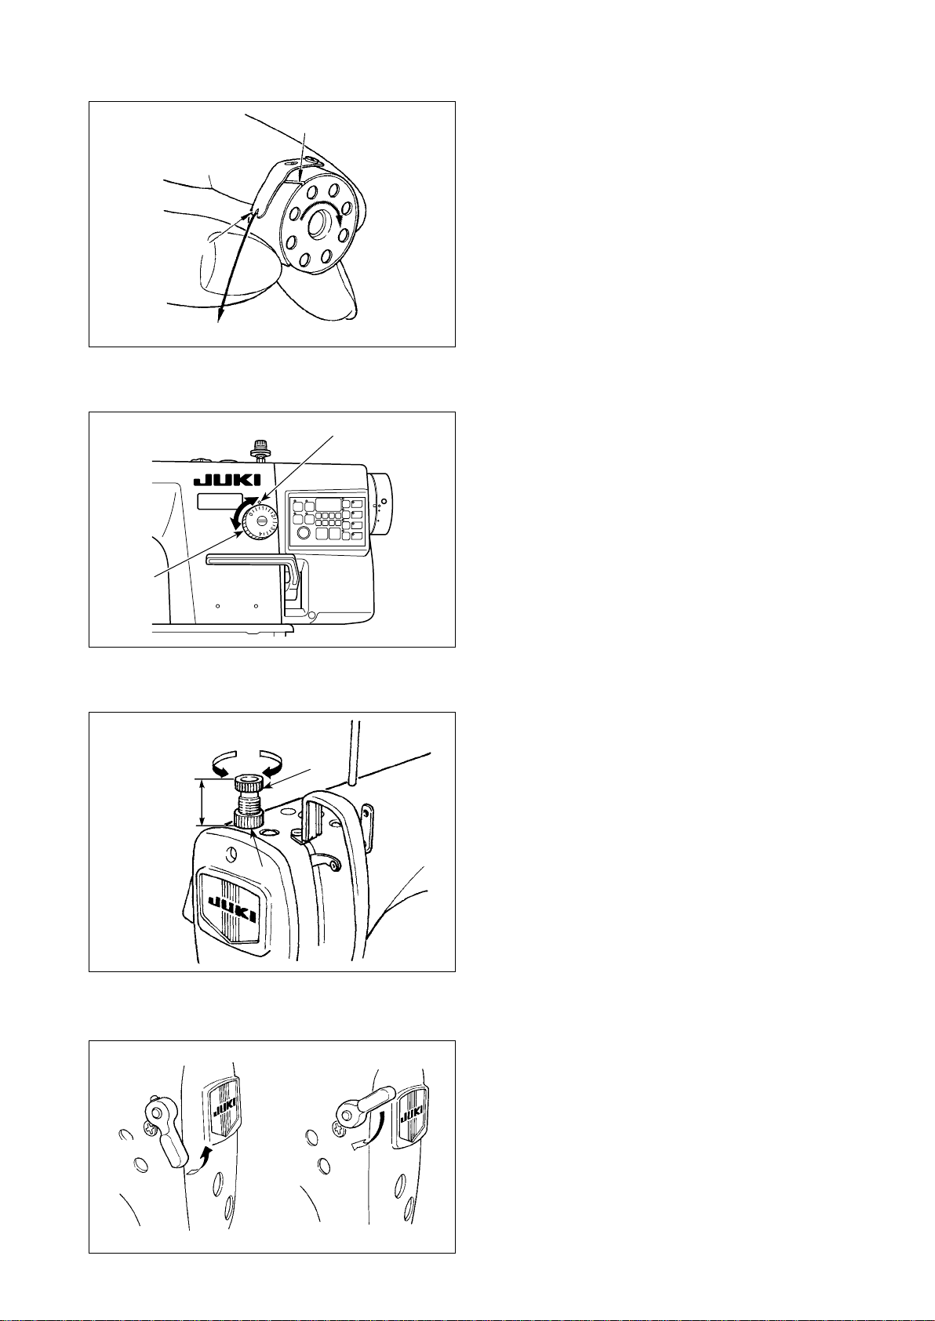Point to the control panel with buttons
324,520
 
